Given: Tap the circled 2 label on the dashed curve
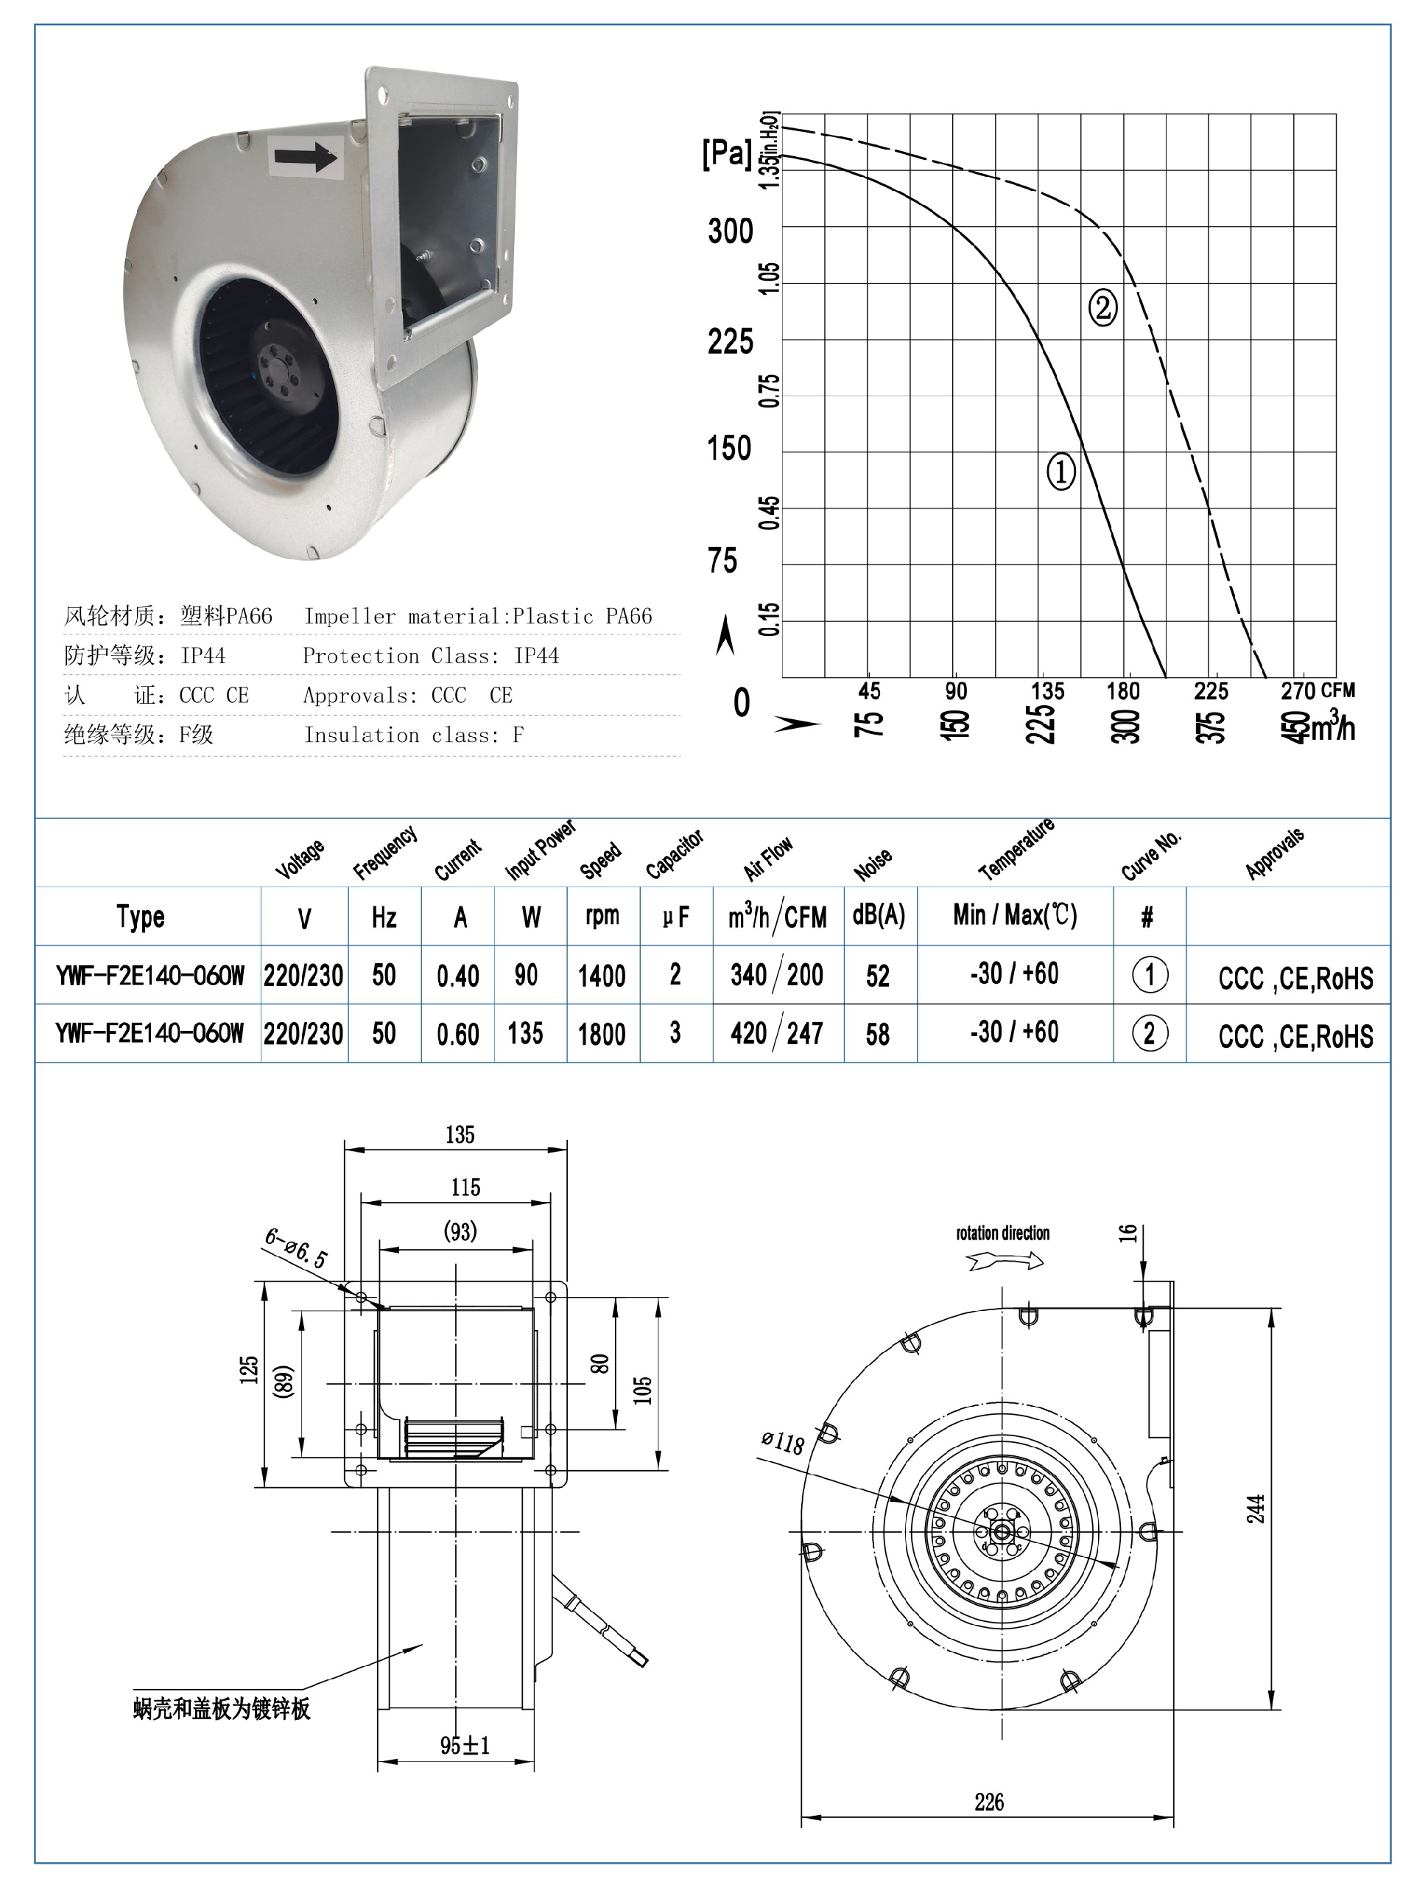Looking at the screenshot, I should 1102,307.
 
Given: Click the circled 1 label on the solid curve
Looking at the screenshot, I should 1060,472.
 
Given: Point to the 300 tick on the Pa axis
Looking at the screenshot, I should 730,232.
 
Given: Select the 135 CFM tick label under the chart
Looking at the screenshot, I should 1047,691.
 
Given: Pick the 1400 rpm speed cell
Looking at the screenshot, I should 602,975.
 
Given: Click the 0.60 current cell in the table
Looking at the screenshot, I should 457,1034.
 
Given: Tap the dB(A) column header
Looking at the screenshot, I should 878,916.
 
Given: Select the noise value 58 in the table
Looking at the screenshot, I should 877,1034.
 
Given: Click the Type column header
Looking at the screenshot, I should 141,917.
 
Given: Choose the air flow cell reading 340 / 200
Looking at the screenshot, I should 776,975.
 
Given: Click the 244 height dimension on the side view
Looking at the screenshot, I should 1256,1508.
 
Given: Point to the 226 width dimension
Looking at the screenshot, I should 988,1802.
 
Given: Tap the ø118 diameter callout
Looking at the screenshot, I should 782,1442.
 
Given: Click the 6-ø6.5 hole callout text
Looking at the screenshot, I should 295,1248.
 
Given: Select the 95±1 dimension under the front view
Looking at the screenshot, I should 464,1745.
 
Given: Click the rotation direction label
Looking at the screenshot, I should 1002,1233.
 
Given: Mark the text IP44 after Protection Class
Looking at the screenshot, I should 536,655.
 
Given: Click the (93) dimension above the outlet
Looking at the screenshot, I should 460,1231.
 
